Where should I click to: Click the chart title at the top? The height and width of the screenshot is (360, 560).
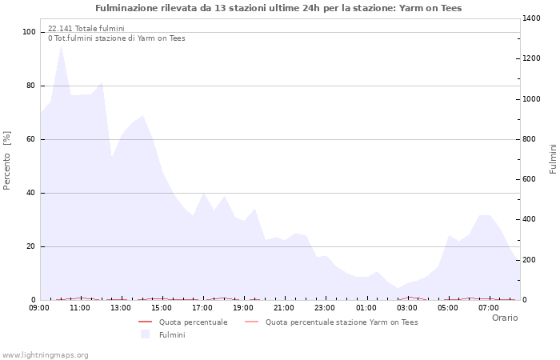278,8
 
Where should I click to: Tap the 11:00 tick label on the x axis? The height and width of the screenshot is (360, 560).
80,307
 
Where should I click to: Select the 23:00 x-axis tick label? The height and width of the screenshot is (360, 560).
326,307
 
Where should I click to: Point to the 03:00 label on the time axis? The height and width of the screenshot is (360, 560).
407,307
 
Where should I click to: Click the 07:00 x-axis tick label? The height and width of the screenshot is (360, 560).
490,307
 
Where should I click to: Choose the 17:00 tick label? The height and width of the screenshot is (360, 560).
202,307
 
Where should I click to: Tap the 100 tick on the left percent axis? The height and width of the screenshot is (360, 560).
30,32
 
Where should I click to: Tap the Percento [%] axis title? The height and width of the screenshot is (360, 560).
8,160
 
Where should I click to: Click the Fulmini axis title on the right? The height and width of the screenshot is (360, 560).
553,158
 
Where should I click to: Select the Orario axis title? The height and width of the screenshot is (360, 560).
504,318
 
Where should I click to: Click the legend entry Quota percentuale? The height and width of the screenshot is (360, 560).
193,322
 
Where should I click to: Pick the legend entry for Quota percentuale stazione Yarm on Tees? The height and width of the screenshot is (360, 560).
341,322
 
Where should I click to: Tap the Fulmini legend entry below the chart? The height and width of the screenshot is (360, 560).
172,334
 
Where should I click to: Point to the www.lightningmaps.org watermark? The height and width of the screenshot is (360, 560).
46,355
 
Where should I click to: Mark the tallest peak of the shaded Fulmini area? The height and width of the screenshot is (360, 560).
61,46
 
